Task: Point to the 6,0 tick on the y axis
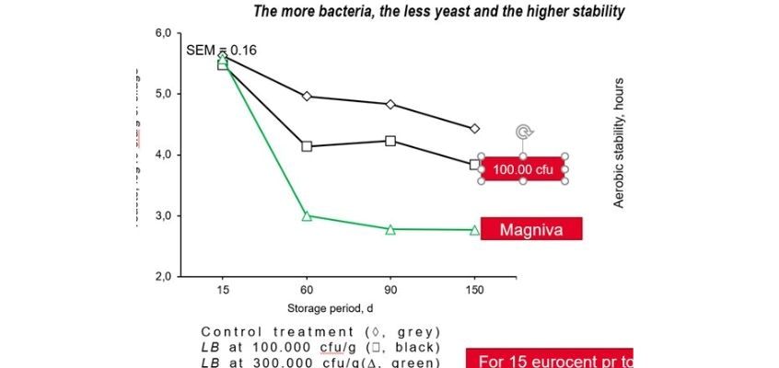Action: [163, 34]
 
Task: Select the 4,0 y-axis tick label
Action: [163, 155]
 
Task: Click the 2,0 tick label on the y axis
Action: [163, 276]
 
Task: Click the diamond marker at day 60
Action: [307, 96]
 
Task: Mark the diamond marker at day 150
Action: [474, 129]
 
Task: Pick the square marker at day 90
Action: [390, 141]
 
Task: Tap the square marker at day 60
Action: [307, 146]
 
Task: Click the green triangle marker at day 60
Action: [307, 216]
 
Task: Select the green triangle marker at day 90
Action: [390, 229]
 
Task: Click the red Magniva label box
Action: [531, 229]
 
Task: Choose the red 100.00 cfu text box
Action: [522, 168]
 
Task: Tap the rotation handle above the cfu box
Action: [522, 132]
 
